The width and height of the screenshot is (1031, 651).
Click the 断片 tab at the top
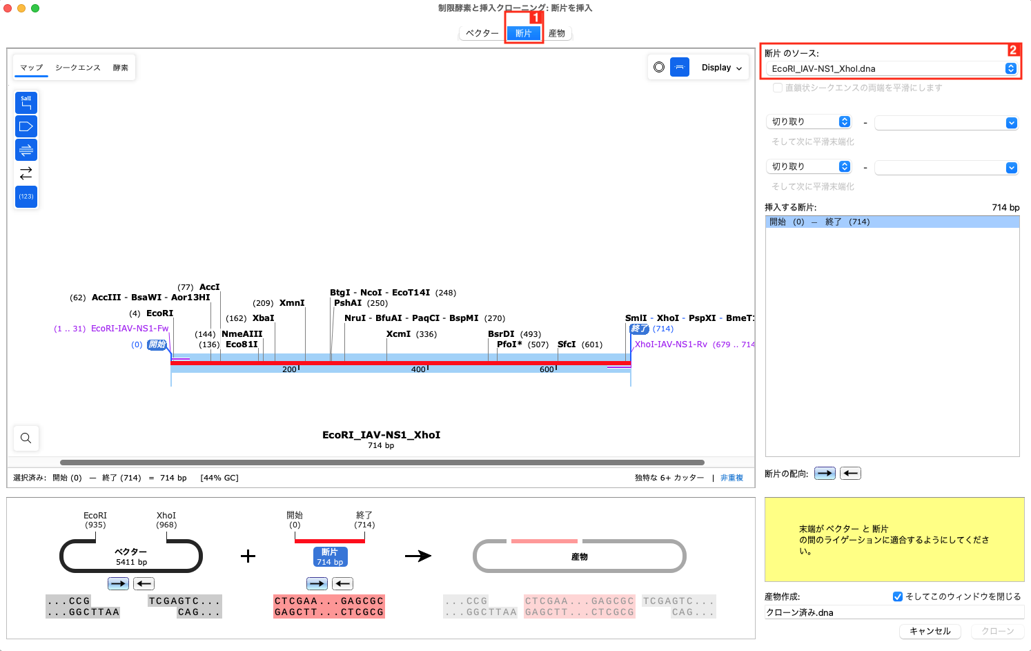(x=523, y=33)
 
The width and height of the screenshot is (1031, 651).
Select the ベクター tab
(x=482, y=33)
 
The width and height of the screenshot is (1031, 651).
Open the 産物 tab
(x=556, y=33)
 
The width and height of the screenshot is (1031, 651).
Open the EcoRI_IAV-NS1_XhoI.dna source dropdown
(x=893, y=68)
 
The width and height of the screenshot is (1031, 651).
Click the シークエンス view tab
(x=78, y=68)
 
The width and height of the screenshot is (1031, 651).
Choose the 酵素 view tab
(x=121, y=68)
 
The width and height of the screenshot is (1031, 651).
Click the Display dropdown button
(x=721, y=68)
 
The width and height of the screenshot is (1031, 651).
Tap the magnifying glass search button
(x=26, y=438)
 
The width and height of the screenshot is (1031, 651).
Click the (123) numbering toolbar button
(x=26, y=197)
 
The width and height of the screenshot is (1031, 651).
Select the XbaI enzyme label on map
(x=263, y=318)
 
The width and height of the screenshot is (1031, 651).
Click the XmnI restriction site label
(x=291, y=303)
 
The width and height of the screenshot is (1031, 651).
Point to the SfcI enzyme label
(x=566, y=344)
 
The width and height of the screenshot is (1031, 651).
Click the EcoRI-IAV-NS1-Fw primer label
(x=130, y=329)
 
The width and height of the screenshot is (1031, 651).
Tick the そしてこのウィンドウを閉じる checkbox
(x=898, y=596)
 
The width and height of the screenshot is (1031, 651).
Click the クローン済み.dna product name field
(x=893, y=612)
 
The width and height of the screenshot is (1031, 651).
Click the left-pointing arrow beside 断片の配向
(x=850, y=474)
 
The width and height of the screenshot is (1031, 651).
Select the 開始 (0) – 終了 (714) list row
(x=892, y=222)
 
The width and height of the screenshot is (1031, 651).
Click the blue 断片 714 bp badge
(x=330, y=556)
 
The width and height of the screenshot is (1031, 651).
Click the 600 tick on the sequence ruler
(x=547, y=369)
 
